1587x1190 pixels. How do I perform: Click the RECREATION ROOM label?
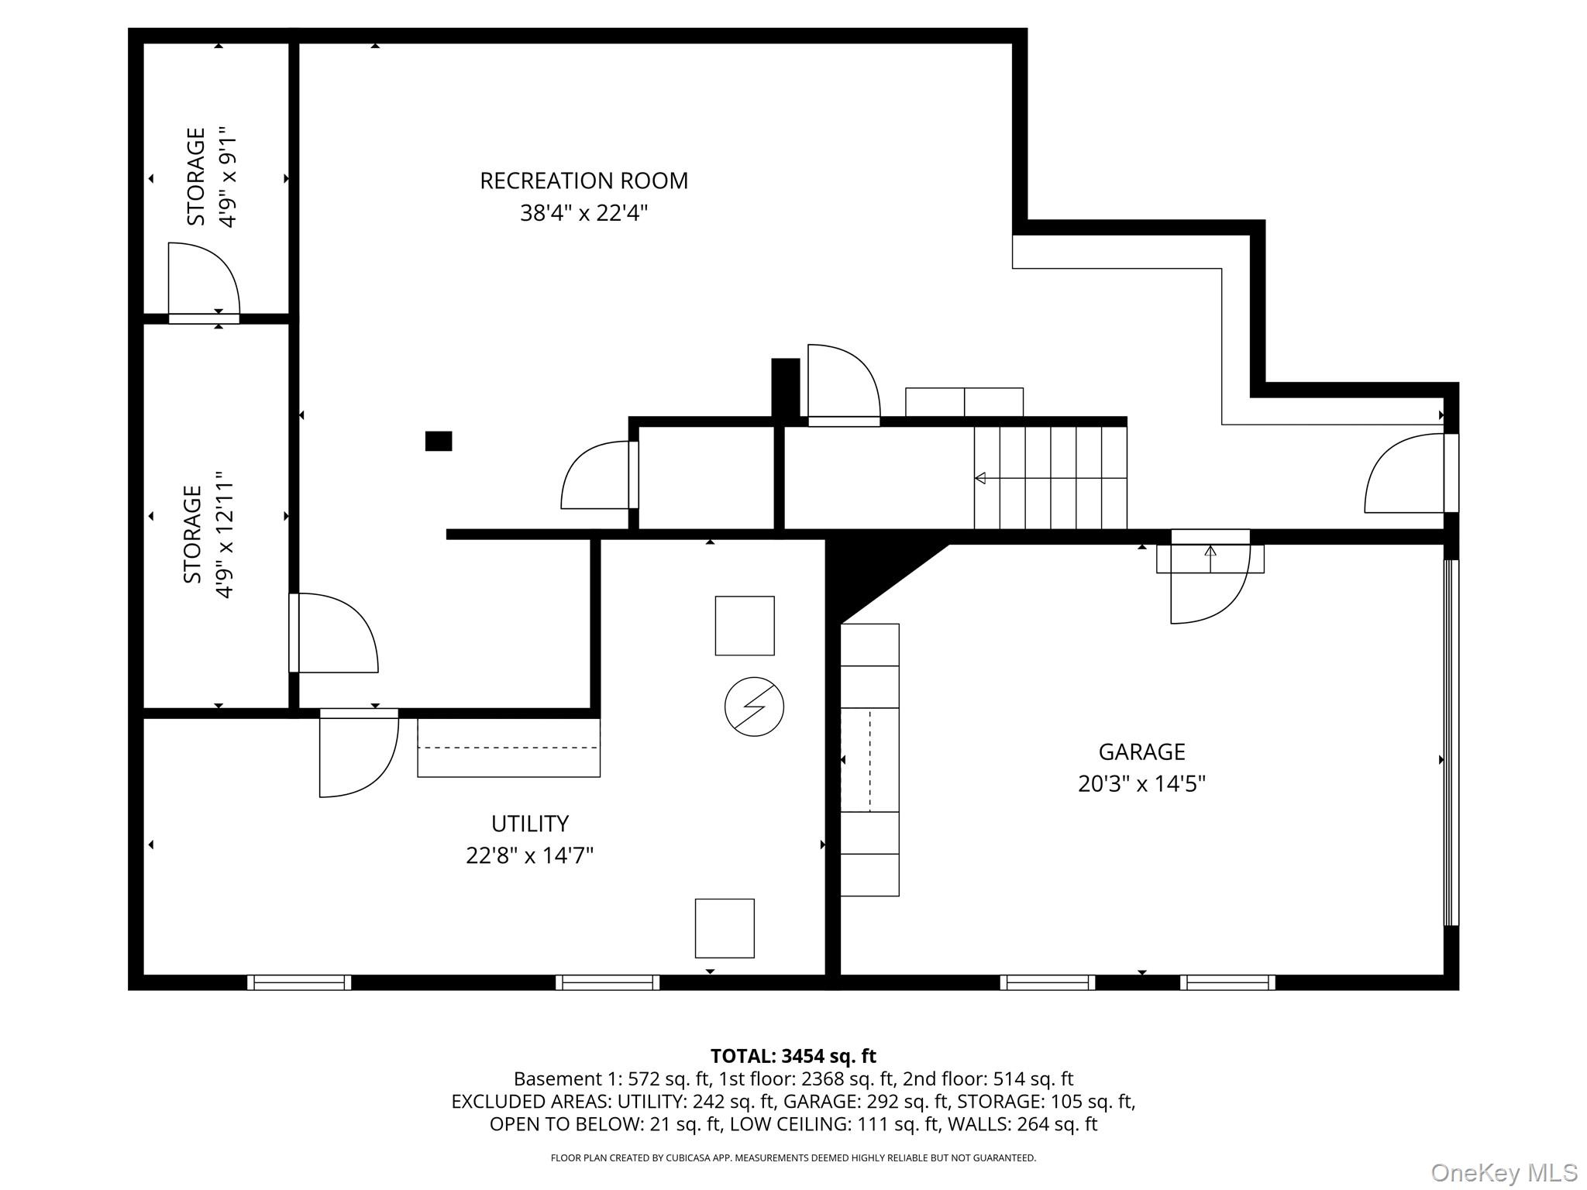[584, 181]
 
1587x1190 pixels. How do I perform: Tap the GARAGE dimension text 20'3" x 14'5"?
[1141, 784]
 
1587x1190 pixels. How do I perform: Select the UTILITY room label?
[530, 823]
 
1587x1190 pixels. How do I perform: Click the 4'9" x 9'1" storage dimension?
[226, 177]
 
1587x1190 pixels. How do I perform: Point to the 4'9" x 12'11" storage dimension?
[225, 535]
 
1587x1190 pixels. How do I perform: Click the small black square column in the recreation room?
[439, 441]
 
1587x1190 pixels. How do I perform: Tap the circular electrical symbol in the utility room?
[754, 707]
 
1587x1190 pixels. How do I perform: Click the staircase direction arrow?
[981, 478]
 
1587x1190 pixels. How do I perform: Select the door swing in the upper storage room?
[204, 279]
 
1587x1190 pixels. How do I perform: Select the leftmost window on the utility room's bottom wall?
[299, 982]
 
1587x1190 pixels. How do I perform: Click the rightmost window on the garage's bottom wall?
[1227, 982]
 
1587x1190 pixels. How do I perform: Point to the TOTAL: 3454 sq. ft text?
[793, 1056]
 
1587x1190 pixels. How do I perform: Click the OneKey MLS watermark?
[1503, 1172]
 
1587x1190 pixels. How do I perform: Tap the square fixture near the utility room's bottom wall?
[725, 928]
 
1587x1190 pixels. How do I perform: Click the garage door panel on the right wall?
[1451, 742]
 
